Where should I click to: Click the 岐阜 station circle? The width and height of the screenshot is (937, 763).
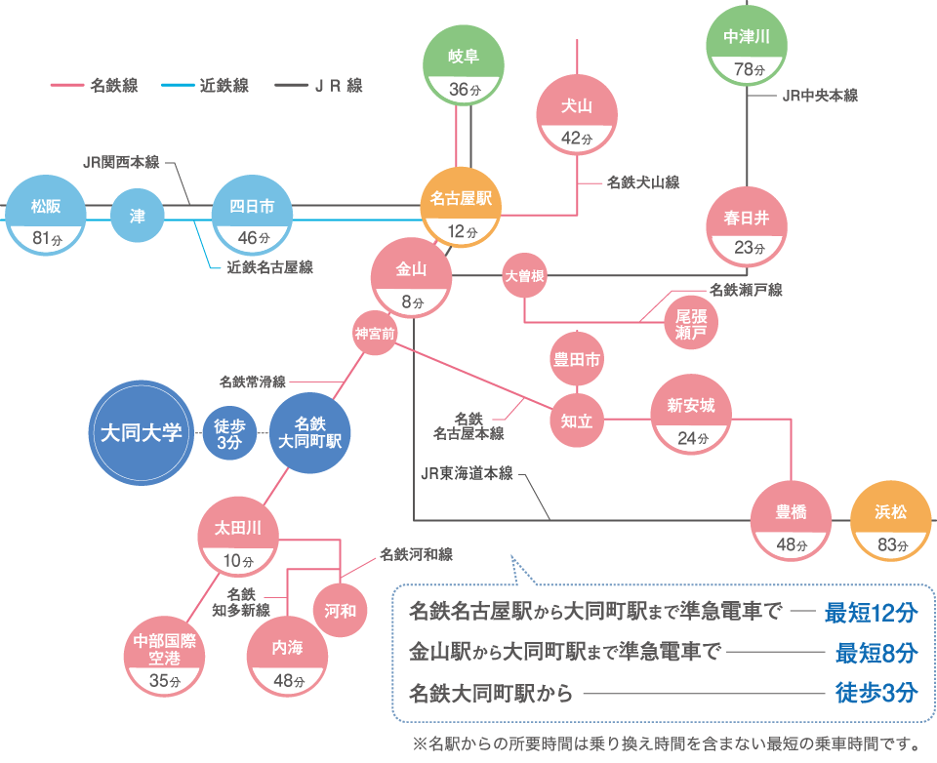pos(464,67)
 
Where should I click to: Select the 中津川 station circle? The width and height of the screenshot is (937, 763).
pos(747,49)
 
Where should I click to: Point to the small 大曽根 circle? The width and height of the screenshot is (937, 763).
pos(524,276)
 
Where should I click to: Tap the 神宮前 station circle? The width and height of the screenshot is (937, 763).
pos(376,334)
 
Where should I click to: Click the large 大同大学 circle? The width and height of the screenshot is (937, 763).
pos(142,432)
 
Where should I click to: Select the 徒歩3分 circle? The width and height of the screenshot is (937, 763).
pos(228,432)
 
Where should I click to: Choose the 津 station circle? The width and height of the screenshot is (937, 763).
pos(138,216)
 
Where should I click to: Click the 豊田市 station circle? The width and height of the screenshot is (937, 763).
pos(577,360)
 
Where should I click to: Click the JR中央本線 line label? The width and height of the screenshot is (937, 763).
pos(820,96)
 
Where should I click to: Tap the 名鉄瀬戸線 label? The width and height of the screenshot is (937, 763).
pos(746,290)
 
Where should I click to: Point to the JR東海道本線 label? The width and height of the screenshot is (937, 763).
pos(467,474)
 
